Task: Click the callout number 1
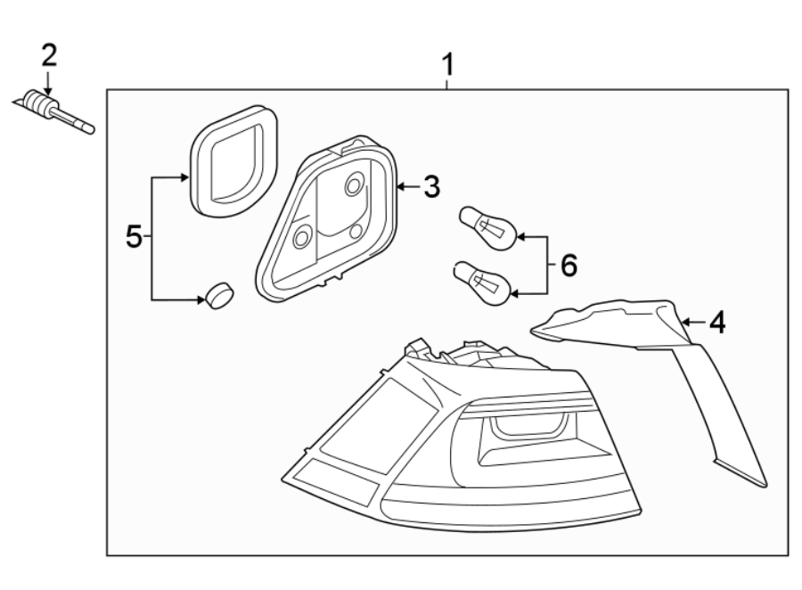tap(448, 64)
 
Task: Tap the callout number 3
tap(431, 187)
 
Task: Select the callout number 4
tap(716, 322)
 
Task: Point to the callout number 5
tap(134, 236)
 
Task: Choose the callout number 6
tap(568, 264)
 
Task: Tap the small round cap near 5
tap(218, 294)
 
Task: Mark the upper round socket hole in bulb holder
tap(355, 185)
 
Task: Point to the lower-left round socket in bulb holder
tap(302, 236)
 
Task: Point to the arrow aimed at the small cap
tap(200, 300)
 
